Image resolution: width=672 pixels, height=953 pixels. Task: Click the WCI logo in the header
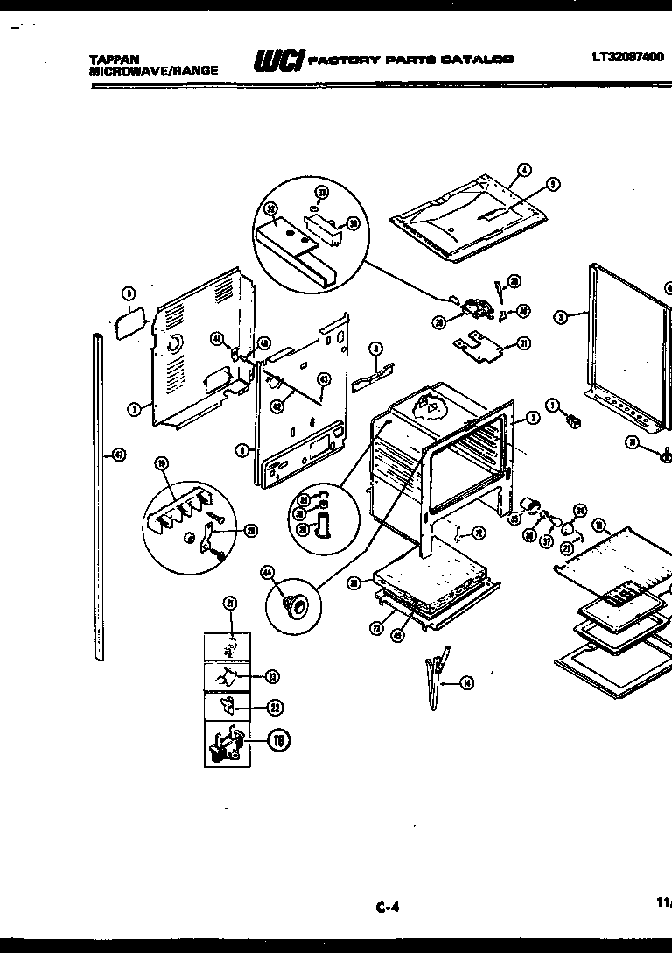coord(277,60)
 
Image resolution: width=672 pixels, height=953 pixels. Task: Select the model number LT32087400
coord(627,57)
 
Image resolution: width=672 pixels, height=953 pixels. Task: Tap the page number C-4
coord(388,907)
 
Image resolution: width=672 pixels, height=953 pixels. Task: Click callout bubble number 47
coord(119,454)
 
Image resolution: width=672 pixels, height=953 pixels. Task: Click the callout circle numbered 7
coord(134,408)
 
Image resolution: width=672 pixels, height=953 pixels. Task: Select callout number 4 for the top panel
coord(524,170)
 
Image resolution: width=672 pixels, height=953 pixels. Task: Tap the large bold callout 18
coord(277,741)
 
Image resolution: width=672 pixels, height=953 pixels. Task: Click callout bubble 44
coord(267,573)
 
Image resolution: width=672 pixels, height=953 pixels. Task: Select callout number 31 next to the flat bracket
coord(523,343)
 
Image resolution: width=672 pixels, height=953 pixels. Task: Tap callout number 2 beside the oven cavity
coord(533,419)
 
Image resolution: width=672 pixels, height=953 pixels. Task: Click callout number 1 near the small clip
coord(552,405)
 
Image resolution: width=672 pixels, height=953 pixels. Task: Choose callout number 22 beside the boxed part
coord(276,707)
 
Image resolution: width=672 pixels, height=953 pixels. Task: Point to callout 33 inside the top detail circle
coord(321,193)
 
